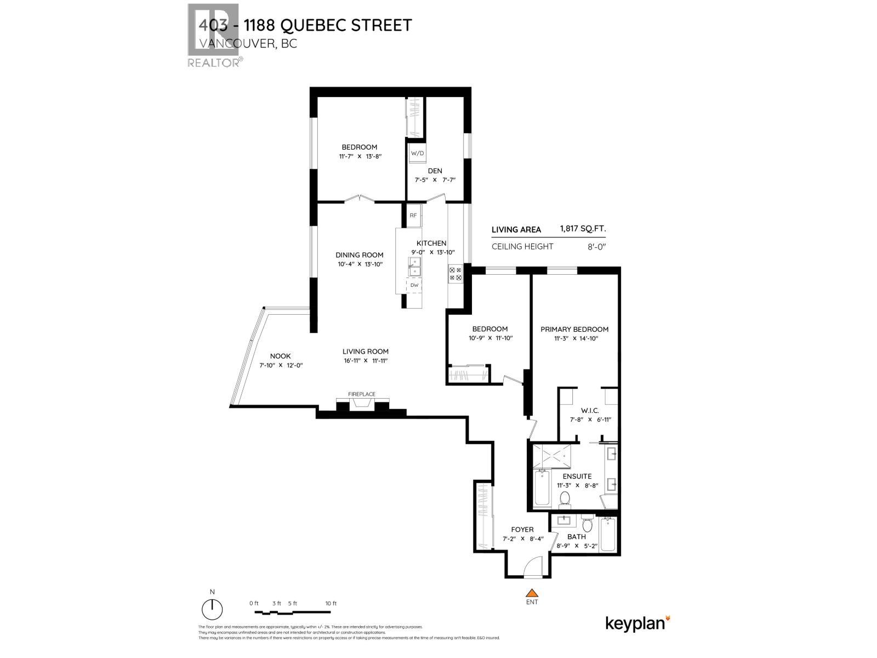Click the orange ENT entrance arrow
531,593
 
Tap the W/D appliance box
417,153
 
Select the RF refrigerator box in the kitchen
413,215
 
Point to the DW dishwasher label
414,285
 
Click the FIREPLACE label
362,394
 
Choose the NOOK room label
280,356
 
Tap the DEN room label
435,171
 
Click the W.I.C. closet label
590,410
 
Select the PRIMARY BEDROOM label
574,329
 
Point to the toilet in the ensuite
565,499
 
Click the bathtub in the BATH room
608,535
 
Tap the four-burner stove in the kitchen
455,274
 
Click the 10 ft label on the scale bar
331,603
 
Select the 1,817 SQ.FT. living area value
583,229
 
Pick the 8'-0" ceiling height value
596,246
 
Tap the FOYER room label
522,529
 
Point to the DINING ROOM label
360,254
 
